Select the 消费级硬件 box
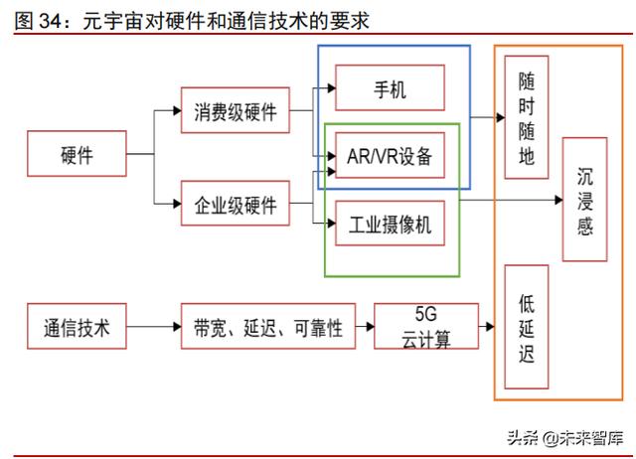[236, 111]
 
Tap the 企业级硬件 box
[236, 206]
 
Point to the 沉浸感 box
[584, 200]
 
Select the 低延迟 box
[527, 327]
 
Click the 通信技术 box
[77, 328]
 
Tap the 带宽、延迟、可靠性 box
[267, 328]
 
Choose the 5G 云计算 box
[426, 328]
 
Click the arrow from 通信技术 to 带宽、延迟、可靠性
[153, 328]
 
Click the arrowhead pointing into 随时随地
[499, 117]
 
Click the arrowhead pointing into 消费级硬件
[175, 111]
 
